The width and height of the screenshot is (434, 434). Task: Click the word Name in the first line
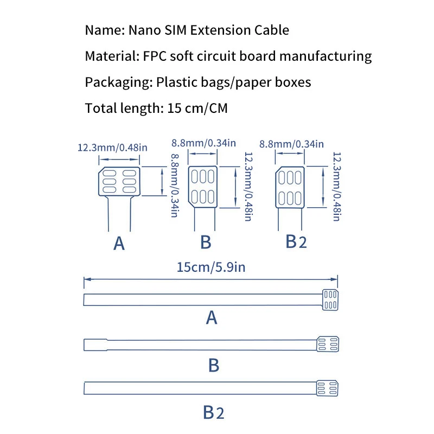click(x=104, y=30)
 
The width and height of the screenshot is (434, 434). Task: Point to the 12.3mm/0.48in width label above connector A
click(x=112, y=148)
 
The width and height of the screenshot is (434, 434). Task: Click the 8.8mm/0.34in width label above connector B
click(x=203, y=143)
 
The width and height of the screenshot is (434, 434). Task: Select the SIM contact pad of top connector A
click(x=119, y=182)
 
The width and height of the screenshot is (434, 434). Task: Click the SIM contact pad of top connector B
click(x=203, y=187)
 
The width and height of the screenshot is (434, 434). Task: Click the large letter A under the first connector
click(x=119, y=244)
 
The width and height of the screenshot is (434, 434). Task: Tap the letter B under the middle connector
click(x=206, y=242)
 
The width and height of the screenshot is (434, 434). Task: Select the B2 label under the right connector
click(x=296, y=242)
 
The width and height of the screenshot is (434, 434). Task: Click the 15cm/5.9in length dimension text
click(x=210, y=267)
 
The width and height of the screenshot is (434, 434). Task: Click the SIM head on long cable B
click(x=328, y=344)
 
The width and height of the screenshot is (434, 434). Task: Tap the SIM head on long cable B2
click(x=328, y=388)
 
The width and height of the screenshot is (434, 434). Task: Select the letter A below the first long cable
click(x=212, y=317)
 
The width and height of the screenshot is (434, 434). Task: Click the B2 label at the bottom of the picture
click(x=214, y=413)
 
